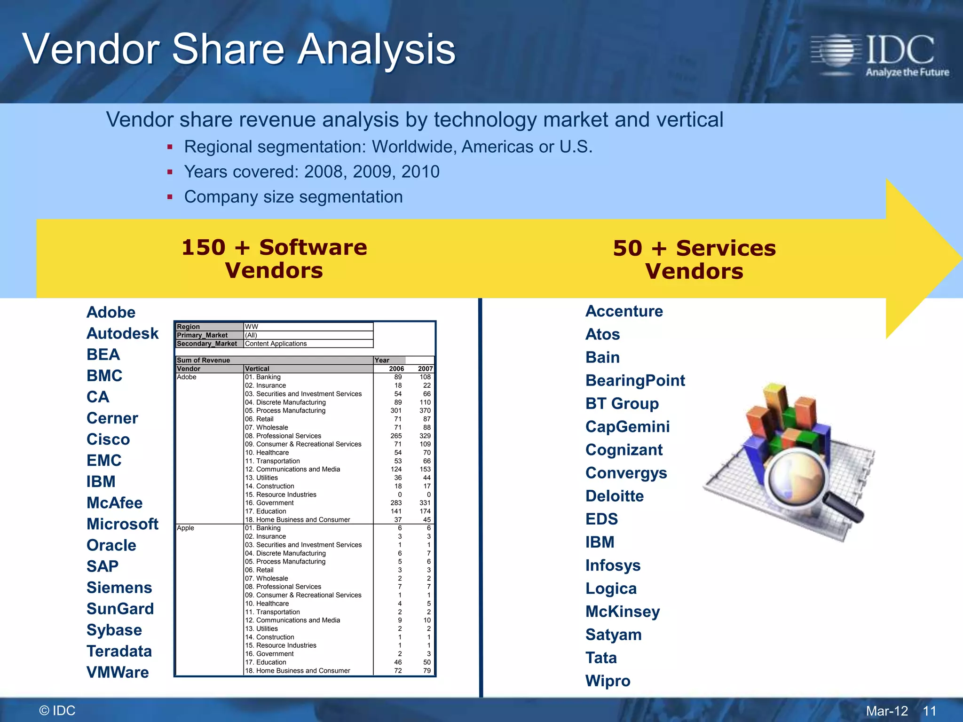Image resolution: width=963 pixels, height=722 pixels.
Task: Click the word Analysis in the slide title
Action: point(377,49)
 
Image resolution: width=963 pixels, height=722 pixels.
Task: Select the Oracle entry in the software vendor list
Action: point(111,545)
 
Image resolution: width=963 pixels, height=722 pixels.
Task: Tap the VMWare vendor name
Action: point(118,672)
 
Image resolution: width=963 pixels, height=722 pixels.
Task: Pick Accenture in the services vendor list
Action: point(624,311)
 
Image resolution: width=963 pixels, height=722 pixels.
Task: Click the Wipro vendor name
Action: point(608,681)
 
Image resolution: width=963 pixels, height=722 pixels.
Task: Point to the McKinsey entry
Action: point(623,612)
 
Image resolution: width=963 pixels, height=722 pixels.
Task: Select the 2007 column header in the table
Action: point(425,369)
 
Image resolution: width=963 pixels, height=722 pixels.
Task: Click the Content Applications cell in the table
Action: point(276,344)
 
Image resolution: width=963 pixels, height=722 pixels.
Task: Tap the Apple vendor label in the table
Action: point(185,528)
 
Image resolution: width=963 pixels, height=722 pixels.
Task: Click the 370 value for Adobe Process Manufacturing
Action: point(425,410)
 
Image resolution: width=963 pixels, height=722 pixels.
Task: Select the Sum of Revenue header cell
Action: point(203,360)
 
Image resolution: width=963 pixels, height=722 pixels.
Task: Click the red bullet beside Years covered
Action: point(170,172)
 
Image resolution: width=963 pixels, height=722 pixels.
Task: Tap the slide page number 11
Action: point(929,711)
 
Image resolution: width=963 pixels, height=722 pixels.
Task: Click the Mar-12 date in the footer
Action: point(887,711)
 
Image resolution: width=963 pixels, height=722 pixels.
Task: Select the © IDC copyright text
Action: point(57,710)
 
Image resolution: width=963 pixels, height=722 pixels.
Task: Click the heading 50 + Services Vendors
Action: point(694,259)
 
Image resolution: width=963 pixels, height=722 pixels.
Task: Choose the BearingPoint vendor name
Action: point(635,380)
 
